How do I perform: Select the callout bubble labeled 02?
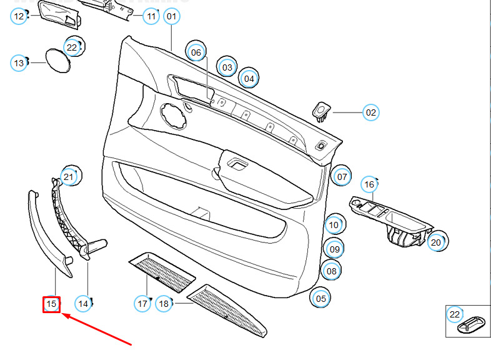coord(371,112)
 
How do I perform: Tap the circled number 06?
coord(196,52)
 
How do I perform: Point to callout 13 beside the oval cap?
coord(19,63)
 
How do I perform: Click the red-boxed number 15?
coord(51,304)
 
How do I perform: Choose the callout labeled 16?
coord(369,184)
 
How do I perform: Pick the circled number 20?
coord(436,242)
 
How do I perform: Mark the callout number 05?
coord(320,299)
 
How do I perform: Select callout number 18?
coord(164,304)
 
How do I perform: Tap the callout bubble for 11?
coord(151,16)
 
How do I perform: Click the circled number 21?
coord(68,177)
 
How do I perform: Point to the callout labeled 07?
coord(342,177)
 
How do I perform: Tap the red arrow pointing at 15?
coord(97,330)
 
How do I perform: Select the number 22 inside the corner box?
coord(454,314)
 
